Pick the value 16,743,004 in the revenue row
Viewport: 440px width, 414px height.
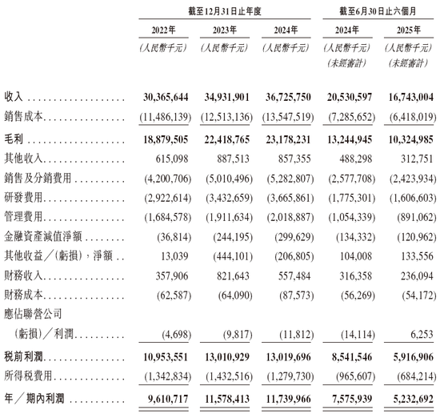click(x=409, y=97)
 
